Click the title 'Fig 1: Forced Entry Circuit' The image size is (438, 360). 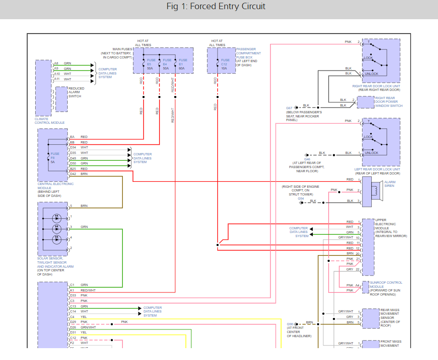tap(216, 6)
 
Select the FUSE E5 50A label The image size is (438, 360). tap(150, 64)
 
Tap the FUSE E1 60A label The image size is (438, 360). tap(182, 64)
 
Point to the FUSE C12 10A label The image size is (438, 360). tap(224, 64)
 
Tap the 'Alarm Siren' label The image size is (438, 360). tap(390, 184)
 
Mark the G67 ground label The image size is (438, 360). tap(290, 108)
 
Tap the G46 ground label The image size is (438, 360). tap(307, 159)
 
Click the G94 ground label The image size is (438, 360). tap(300, 198)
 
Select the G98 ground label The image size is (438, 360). tap(290, 324)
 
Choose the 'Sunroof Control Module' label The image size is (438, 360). tap(386, 285)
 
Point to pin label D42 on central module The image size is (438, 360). tap(73, 174)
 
